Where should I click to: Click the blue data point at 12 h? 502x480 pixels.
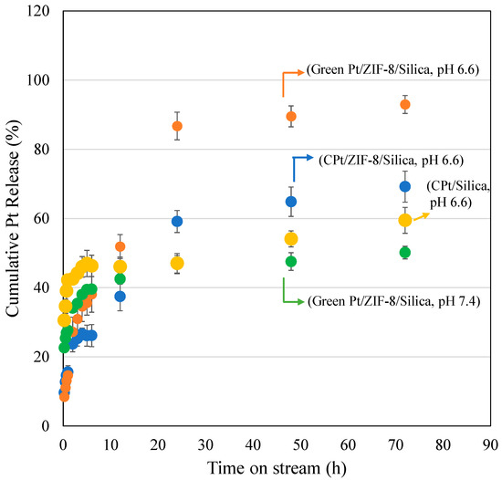(120, 296)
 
